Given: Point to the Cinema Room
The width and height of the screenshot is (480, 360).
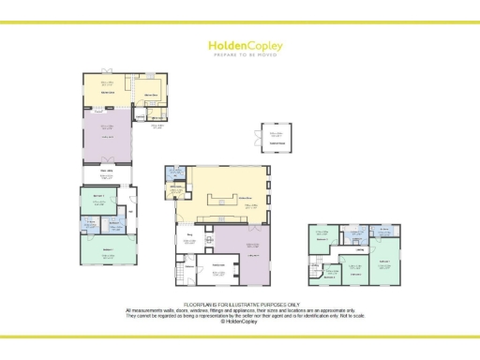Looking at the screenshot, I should click(x=215, y=273).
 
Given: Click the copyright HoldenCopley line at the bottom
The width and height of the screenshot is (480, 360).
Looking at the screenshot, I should click(x=240, y=322).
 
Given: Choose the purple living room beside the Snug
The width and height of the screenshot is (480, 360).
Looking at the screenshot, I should click(x=252, y=255).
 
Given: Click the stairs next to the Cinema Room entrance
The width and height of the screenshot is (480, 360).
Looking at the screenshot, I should click(x=178, y=275).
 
